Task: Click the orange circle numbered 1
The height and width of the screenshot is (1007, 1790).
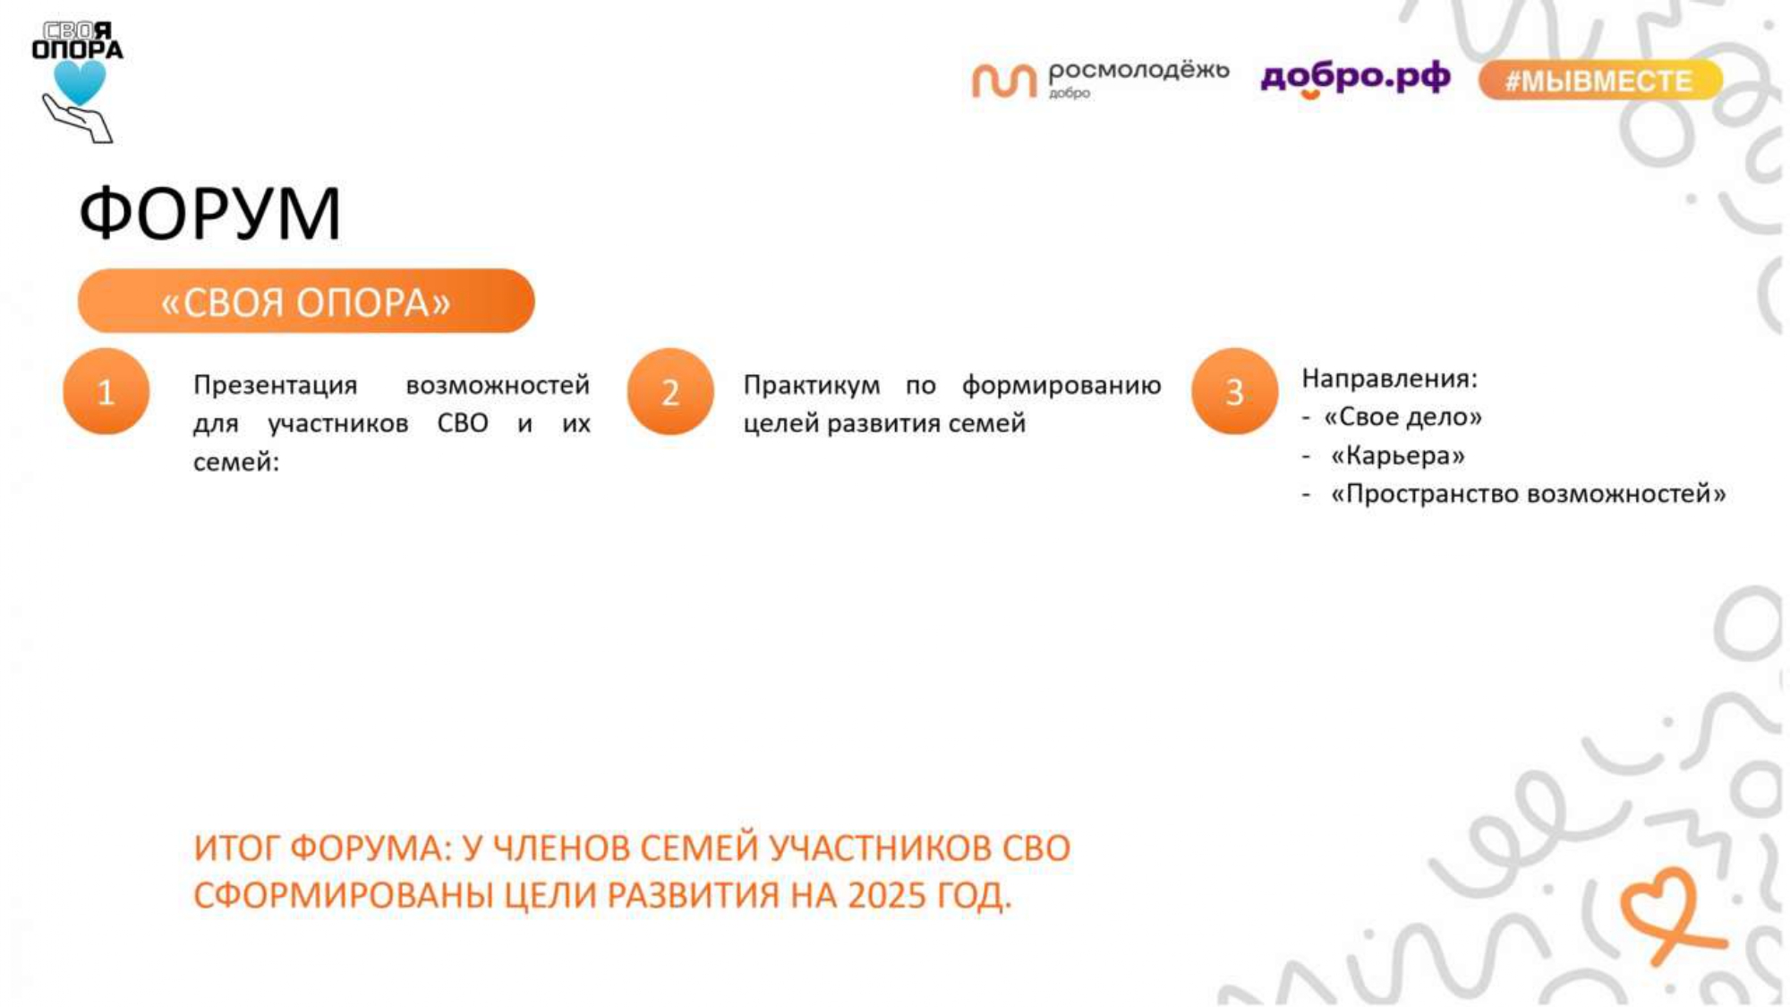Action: (x=106, y=391)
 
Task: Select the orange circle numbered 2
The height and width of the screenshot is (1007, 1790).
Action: (x=670, y=391)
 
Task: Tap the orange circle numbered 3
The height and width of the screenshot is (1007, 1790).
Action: (x=1234, y=391)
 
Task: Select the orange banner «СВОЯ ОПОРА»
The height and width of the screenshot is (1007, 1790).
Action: (x=306, y=301)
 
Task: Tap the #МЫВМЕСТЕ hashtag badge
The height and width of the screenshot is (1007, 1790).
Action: (x=1599, y=81)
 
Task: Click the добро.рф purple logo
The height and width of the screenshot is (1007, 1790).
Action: (x=1355, y=79)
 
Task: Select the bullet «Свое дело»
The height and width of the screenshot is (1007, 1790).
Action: (x=1402, y=417)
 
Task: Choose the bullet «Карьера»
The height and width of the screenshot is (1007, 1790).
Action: (x=1398, y=456)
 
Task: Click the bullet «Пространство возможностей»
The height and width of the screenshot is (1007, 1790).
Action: (x=1528, y=494)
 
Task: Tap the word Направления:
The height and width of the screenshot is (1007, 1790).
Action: (x=1389, y=379)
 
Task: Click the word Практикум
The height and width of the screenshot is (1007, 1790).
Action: (x=812, y=386)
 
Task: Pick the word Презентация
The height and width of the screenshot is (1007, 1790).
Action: (x=275, y=386)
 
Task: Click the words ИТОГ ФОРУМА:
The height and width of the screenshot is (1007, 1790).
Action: (x=323, y=848)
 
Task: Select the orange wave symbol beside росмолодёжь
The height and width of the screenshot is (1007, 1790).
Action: (x=1003, y=81)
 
